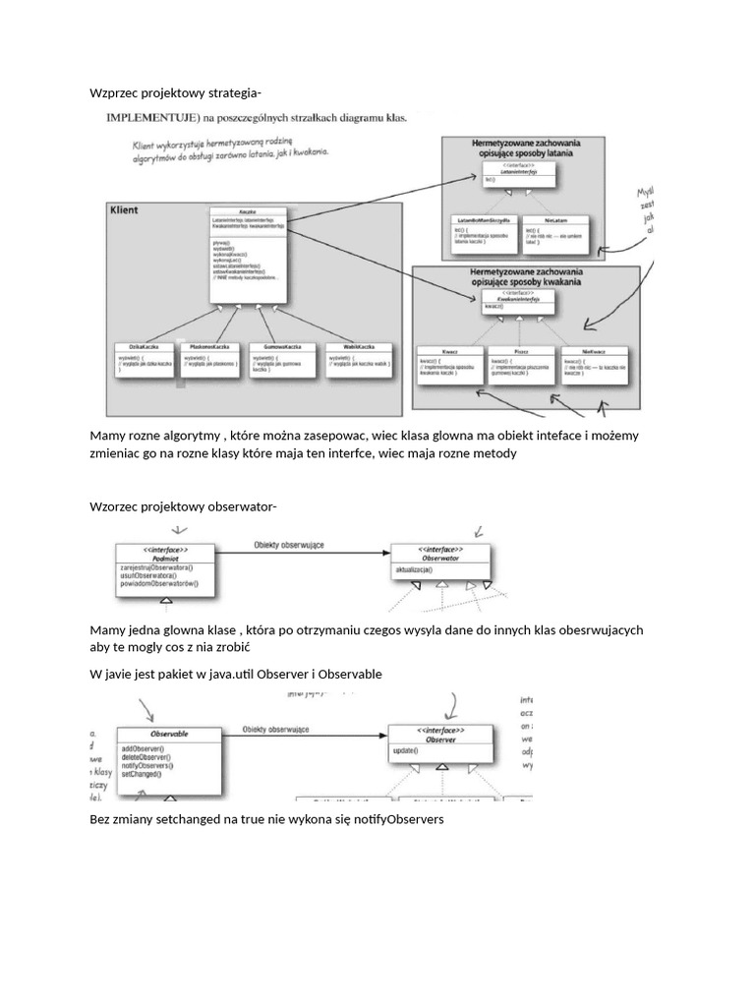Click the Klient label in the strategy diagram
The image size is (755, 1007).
point(125,210)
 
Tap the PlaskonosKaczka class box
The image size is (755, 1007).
point(209,360)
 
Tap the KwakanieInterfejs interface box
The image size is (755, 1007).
point(517,301)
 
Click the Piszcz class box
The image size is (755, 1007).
point(521,365)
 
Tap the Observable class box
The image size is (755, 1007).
point(169,754)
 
